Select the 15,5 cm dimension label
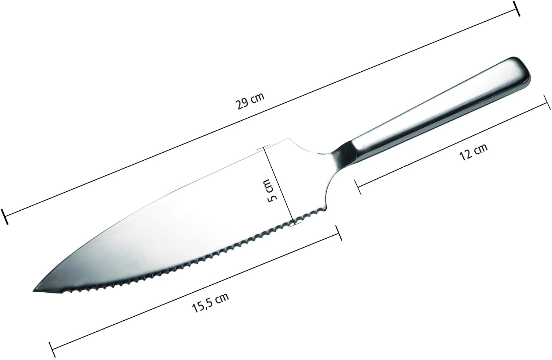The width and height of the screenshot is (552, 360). tap(210, 302)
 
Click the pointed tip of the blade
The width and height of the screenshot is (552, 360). tap(34, 291)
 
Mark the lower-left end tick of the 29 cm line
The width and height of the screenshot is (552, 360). tap(4, 217)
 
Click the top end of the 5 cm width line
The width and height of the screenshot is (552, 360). tap(263, 148)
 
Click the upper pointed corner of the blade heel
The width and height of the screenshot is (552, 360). tap(288, 139)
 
